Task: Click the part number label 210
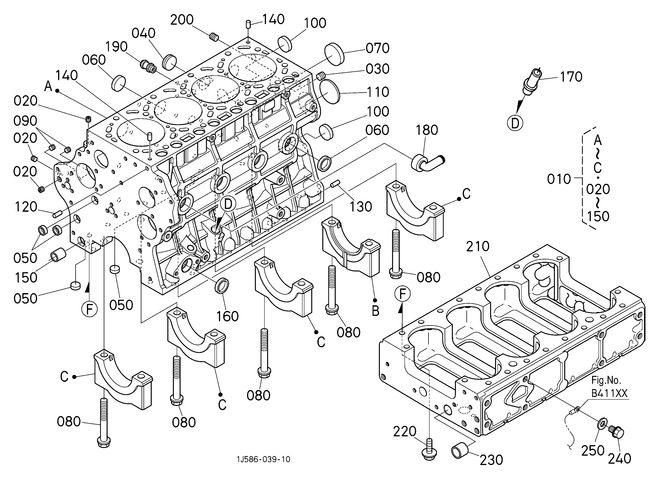pyautogui.click(x=478, y=246)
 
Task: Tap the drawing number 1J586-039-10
pyautogui.click(x=263, y=459)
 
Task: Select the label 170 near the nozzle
pyautogui.click(x=571, y=77)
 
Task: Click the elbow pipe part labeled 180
pyautogui.click(x=428, y=163)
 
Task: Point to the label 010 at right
pyautogui.click(x=559, y=179)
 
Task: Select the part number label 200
pyautogui.click(x=182, y=20)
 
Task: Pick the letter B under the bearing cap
pyautogui.click(x=375, y=311)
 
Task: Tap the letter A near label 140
pyautogui.click(x=48, y=86)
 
